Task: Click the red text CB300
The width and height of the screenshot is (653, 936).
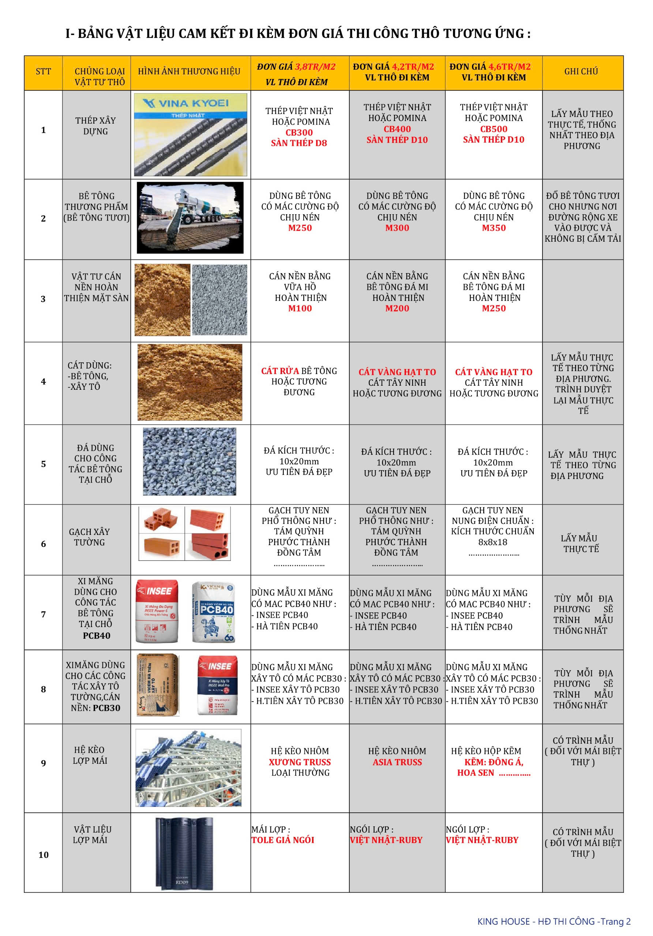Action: (299, 132)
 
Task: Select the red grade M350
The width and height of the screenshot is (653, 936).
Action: (493, 228)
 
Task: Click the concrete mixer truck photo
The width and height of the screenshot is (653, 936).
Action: (190, 218)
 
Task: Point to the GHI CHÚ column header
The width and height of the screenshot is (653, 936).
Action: (581, 71)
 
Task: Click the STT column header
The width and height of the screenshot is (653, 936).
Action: (43, 72)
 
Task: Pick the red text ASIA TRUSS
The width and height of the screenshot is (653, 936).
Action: (397, 762)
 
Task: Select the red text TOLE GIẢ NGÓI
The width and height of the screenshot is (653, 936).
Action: (283, 839)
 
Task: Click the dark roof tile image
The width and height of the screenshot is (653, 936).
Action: (184, 853)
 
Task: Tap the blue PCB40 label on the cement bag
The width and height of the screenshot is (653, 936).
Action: (217, 609)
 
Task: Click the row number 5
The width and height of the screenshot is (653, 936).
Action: (43, 464)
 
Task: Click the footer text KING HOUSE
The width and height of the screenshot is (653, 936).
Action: (503, 921)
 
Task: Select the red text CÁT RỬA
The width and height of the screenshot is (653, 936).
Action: (280, 371)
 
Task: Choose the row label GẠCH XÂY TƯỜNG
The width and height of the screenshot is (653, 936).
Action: (89, 537)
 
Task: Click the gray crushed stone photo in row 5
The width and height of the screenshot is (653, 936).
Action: (189, 461)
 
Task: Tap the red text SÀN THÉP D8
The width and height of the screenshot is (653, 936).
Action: (299, 143)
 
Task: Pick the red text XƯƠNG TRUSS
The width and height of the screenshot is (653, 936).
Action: (300, 762)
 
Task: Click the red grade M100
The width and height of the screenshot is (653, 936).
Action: (300, 308)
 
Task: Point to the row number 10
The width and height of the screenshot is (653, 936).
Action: (43, 854)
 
